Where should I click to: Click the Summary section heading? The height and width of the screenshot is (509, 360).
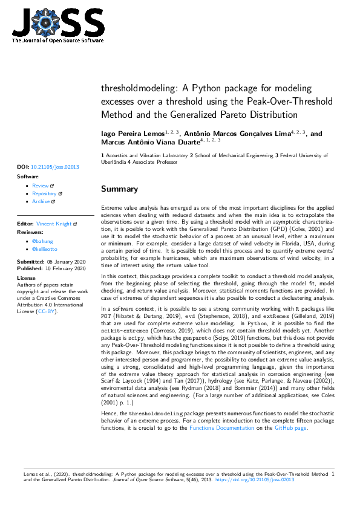119,189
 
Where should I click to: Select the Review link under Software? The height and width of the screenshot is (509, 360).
41,186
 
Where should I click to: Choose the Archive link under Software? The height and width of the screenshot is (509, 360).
41,201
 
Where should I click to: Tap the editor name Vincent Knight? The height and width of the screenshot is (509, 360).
54,224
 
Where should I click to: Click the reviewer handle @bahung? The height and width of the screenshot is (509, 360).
42,241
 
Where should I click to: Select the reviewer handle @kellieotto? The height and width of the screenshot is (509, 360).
45,249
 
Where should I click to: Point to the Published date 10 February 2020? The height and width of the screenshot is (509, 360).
61,267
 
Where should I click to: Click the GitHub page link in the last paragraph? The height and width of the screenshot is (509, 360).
291,428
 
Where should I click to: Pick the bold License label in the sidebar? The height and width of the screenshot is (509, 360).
27,278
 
